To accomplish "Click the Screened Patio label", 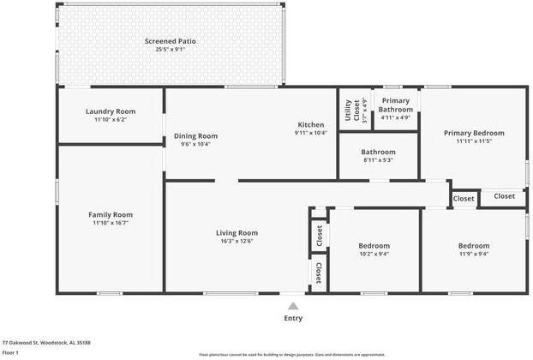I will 170,41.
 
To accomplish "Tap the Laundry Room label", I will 111,111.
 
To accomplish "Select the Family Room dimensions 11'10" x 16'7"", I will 111,223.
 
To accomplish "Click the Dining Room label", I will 196,135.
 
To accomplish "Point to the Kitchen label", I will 310,124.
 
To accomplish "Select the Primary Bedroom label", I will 473,133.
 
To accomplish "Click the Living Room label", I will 237,232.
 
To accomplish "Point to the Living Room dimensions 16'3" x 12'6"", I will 237,241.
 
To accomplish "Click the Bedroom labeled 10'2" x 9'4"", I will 374,246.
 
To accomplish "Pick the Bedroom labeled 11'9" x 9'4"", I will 473,246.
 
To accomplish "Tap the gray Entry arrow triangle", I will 293,305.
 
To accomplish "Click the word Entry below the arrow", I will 293,318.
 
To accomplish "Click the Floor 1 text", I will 10,352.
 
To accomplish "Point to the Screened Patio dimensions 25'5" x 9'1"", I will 170,50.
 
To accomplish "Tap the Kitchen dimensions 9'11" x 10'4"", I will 310,133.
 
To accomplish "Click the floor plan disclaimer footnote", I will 291,354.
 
